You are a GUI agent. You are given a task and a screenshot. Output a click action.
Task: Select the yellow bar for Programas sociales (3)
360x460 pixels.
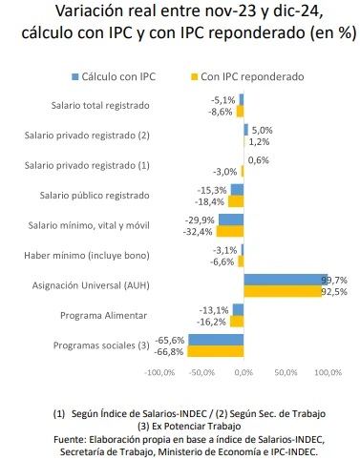[216, 351]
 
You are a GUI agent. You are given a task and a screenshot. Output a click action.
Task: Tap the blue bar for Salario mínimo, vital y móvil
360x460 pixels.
[231, 220]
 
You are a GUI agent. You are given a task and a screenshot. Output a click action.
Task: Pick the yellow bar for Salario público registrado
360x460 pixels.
[236, 201]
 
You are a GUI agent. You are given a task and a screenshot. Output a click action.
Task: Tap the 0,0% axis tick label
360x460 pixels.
[244, 372]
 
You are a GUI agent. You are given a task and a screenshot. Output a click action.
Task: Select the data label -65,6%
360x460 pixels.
[172, 340]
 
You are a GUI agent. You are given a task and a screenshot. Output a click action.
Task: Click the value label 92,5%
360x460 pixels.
[333, 291]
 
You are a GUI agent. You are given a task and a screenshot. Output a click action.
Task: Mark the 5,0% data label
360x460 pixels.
[261, 130]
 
